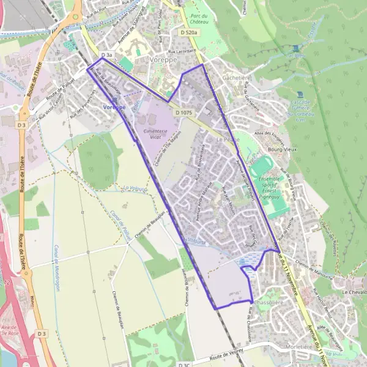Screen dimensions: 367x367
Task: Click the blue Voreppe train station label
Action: click(114, 107)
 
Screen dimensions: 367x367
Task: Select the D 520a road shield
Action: click(190, 32)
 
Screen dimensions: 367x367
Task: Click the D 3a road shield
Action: click(106, 56)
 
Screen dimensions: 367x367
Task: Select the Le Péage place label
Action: click(228, 139)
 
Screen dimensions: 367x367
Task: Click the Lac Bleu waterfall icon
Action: click(297, 48)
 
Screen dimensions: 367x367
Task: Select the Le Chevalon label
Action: click(353, 292)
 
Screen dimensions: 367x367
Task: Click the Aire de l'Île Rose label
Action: click(10, 332)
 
